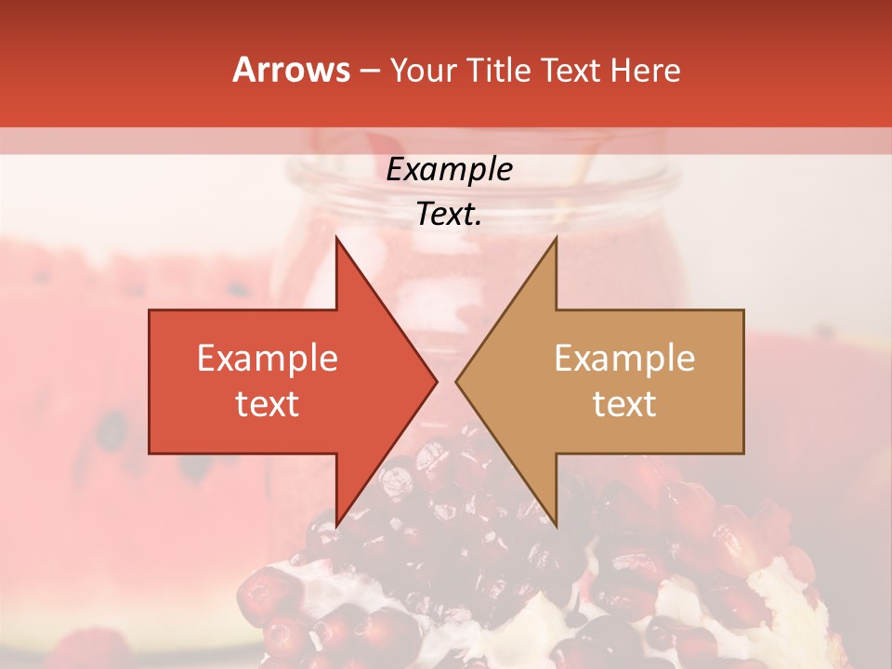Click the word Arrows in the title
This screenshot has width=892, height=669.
coord(292,71)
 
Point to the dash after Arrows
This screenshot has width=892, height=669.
coord(370,72)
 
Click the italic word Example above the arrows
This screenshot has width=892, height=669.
coord(450,169)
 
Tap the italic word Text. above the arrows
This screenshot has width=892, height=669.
coord(450,214)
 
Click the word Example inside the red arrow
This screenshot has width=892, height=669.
coord(268,359)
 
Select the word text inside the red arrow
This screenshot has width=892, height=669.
coord(268,404)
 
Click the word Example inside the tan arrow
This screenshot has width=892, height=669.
coord(624,359)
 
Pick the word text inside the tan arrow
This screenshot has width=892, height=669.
coord(624,404)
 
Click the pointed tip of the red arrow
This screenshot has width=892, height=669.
coord(437,381)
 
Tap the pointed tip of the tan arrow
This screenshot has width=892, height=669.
coord(456,381)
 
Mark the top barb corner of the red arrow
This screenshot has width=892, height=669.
coord(336,238)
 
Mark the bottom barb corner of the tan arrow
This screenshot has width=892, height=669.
coord(556,525)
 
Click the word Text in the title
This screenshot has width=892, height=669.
coord(570,71)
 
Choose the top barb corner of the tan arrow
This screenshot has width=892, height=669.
coord(556,238)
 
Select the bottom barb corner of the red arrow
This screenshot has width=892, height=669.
coord(336,525)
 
